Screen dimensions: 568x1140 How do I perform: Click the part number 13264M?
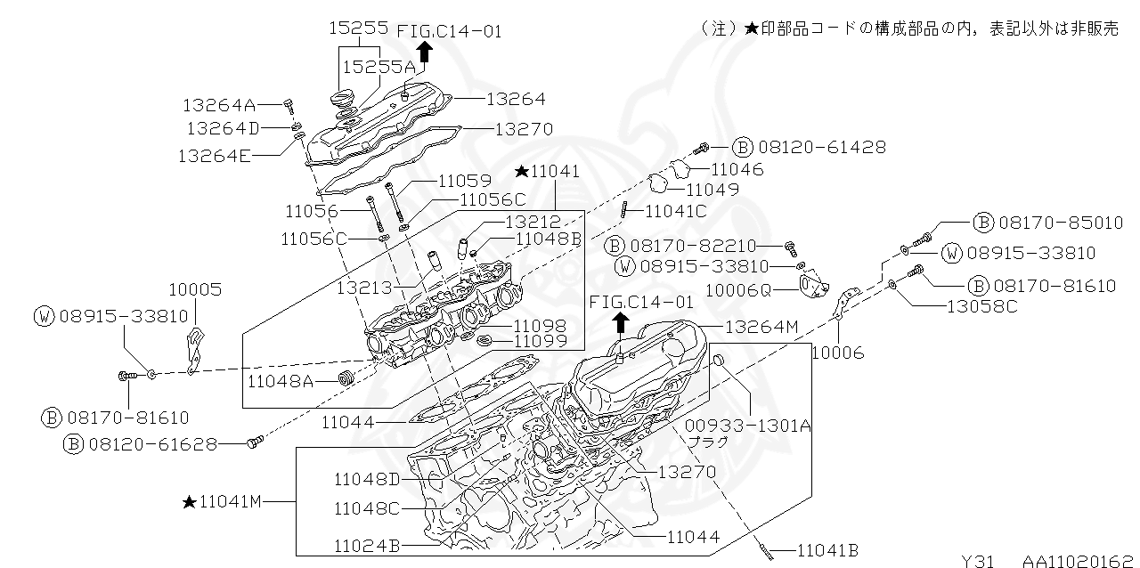(761, 328)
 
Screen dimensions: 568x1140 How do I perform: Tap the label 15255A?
(379, 66)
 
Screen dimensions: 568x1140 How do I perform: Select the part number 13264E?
(215, 156)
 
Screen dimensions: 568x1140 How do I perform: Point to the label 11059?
(464, 181)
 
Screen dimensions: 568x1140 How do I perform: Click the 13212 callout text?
(533, 222)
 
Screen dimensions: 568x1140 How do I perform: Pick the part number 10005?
(195, 290)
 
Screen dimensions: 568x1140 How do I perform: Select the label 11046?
(737, 169)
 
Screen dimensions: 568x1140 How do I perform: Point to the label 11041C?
(675, 211)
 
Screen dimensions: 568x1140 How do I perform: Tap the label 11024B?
(367, 545)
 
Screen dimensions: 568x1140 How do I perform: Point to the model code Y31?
(978, 560)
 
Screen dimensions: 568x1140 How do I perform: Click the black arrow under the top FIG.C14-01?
(425, 52)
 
